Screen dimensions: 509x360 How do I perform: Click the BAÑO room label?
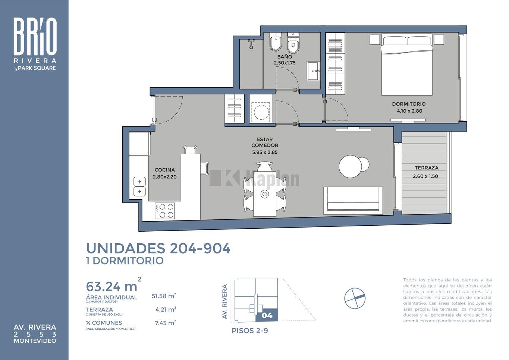285,57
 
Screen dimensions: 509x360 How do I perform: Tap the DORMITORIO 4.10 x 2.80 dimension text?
409,111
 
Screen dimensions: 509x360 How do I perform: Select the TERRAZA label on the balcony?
427,168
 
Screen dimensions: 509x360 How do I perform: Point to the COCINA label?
165,170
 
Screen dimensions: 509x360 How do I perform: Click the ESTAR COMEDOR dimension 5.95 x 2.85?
265,152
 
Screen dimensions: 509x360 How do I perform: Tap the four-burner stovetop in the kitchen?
165,211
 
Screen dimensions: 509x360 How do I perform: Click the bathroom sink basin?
313,71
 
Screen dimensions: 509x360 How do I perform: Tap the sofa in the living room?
353,200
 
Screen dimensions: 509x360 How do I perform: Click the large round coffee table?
350,166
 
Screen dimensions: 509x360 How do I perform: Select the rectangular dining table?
265,194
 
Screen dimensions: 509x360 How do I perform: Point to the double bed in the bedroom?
407,65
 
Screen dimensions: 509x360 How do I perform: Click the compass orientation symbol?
355,298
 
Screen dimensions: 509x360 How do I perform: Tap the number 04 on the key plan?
267,316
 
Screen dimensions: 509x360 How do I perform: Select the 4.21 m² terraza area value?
166,310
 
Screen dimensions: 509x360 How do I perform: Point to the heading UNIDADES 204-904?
158,248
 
